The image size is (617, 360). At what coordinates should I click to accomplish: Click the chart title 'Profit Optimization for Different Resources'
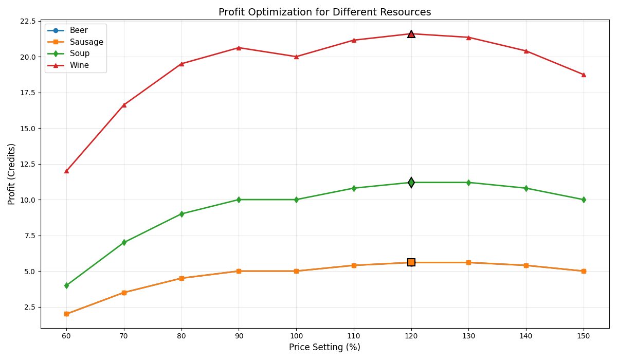click(324, 12)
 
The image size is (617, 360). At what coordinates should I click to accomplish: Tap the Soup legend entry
click(79, 53)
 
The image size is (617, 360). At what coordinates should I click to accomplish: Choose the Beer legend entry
click(78, 30)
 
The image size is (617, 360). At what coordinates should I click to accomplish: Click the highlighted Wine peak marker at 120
click(411, 34)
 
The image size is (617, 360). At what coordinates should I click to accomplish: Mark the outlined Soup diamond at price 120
click(411, 183)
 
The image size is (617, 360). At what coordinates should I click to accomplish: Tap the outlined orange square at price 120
click(411, 262)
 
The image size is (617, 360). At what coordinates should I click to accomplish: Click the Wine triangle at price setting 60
click(66, 171)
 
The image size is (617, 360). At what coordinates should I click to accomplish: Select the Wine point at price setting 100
click(296, 57)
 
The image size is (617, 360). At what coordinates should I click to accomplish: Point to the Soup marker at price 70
click(124, 242)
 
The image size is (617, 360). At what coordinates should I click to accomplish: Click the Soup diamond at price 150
click(583, 200)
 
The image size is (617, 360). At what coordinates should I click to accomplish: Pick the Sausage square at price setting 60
click(66, 314)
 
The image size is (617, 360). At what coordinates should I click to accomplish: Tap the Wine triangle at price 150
click(583, 75)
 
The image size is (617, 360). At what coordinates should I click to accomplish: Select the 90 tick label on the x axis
click(239, 336)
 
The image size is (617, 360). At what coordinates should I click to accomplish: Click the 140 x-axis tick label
click(525, 336)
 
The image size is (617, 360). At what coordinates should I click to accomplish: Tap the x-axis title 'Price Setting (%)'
click(324, 348)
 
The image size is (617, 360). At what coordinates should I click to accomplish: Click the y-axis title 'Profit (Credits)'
click(12, 174)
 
